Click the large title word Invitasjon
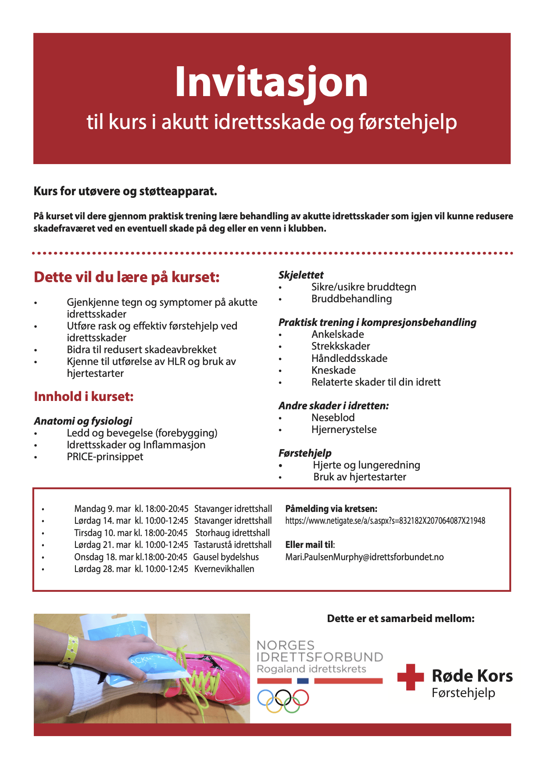click(x=271, y=82)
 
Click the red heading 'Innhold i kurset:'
click(x=83, y=397)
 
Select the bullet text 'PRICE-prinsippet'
click(x=105, y=457)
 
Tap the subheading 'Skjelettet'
click(x=301, y=275)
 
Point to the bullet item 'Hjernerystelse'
click(x=344, y=429)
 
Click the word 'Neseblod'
click(x=333, y=418)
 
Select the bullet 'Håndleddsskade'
click(x=349, y=358)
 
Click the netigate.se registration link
click(x=385, y=521)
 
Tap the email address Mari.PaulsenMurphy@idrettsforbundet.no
click(x=364, y=557)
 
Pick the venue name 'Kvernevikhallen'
click(x=224, y=569)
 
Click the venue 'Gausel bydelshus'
click(x=226, y=557)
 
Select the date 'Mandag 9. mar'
click(x=102, y=509)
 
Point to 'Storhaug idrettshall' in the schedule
click(x=233, y=533)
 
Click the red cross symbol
click(x=410, y=677)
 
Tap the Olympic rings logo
click(x=283, y=701)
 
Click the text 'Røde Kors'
click(x=472, y=676)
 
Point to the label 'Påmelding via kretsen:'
click(x=331, y=509)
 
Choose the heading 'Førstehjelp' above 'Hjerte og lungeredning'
click(x=305, y=453)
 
